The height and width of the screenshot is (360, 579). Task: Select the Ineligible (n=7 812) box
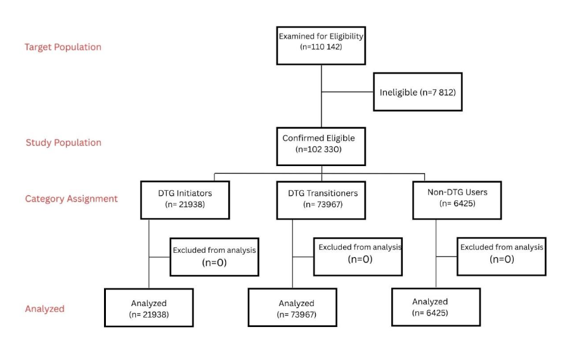point(417,93)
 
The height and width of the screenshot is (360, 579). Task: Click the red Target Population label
point(63,47)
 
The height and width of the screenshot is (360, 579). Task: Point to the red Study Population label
point(63,143)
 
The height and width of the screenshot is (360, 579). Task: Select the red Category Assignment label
point(72,198)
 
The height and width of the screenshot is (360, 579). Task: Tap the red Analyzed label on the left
point(44,309)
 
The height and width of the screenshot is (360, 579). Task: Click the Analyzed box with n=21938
point(148,308)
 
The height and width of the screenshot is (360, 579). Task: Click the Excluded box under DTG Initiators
point(214,256)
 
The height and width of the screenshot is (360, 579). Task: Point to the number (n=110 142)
point(322,47)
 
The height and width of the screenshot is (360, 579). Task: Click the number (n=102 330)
point(322,150)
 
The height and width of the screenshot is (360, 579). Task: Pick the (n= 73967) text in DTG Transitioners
point(321,204)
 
